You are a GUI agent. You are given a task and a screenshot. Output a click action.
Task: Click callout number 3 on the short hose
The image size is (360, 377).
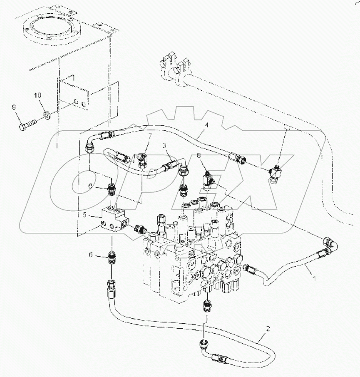[165, 145]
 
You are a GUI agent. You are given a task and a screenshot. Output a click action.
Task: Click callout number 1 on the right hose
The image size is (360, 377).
[314, 279]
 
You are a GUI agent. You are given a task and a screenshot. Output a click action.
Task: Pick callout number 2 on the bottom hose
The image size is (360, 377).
[268, 328]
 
